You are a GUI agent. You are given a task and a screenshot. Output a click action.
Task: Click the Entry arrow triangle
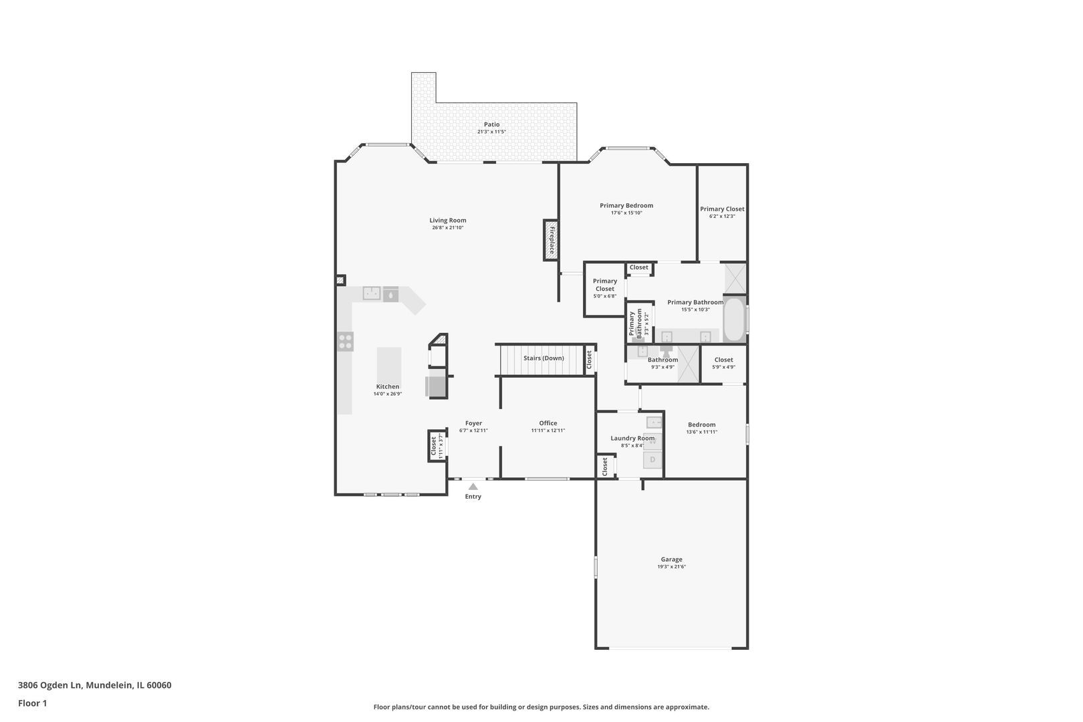point(473,487)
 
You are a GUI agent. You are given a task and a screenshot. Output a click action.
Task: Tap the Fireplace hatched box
point(551,241)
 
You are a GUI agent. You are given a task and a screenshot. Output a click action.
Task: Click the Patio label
point(492,125)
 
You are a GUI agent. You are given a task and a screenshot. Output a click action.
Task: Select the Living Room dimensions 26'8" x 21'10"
point(448,228)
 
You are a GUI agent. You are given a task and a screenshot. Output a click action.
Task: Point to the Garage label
point(672,560)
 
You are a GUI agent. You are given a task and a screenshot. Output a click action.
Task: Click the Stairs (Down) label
point(544,358)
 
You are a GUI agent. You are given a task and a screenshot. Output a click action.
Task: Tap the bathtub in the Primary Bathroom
point(735,319)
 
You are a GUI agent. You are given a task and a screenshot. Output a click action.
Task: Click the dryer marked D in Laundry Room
point(652,460)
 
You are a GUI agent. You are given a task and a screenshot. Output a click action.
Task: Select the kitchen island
point(389,365)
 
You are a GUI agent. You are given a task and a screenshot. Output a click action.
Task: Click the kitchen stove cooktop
point(345,342)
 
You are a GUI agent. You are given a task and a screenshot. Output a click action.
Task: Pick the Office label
point(548,423)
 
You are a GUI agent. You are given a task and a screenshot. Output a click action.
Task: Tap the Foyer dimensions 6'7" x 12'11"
point(473,431)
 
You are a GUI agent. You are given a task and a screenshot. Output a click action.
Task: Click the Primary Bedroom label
point(626,205)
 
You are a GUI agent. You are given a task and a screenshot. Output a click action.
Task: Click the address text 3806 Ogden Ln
point(50,685)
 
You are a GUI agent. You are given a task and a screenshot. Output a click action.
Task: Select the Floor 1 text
point(32,703)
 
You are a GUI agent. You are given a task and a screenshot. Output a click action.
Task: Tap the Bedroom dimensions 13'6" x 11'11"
point(701,433)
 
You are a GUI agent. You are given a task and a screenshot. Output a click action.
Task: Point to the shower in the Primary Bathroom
point(735,278)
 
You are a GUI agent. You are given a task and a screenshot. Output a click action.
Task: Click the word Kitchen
point(388,387)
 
